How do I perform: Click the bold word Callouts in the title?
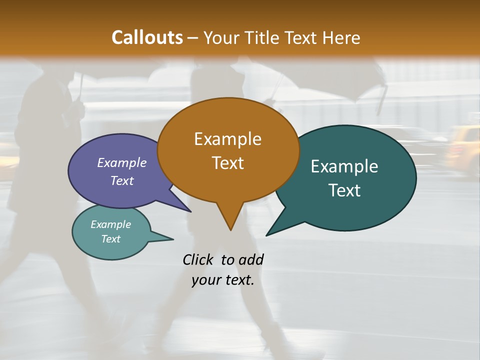[147, 37]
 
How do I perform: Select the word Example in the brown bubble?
[227, 139]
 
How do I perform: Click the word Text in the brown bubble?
[227, 162]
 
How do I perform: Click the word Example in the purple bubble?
[122, 162]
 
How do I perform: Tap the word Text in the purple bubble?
[122, 180]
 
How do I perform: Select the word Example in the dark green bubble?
[344, 166]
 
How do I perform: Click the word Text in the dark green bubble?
[344, 190]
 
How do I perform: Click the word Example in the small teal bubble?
[111, 224]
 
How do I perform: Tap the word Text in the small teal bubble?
[111, 239]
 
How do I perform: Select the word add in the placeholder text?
[250, 259]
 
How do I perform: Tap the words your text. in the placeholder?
[223, 280]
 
